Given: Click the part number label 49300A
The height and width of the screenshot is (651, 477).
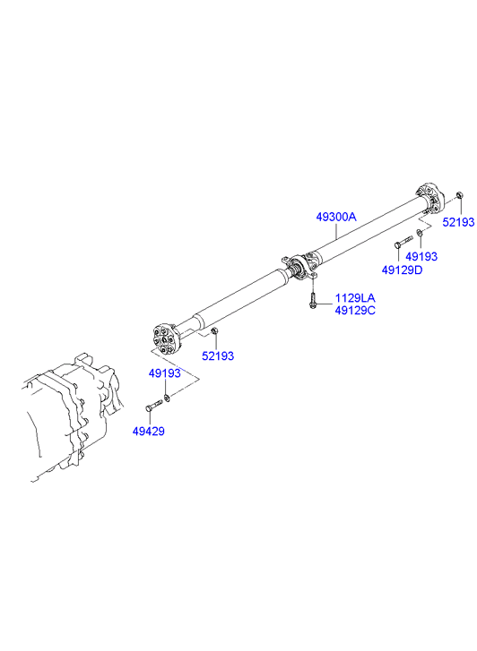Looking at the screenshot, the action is click(336, 217).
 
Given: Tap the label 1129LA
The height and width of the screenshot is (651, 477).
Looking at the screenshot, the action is click(355, 297).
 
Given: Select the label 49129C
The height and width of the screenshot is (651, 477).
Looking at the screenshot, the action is click(355, 310).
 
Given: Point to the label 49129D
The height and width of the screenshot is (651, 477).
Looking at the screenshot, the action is click(403, 270).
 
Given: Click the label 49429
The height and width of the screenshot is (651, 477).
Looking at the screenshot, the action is click(149, 431).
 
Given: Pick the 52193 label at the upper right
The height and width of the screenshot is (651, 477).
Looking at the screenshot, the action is click(458, 222).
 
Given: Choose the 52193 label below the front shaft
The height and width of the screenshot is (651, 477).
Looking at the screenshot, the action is click(218, 355).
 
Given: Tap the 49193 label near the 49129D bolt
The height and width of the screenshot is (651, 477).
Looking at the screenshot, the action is click(421, 256).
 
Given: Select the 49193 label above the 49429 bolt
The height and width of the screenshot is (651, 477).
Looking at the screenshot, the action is click(165, 373).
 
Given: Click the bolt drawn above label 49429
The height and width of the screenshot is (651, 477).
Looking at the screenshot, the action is click(154, 406).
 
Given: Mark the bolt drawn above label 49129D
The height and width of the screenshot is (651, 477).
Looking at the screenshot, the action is click(403, 241).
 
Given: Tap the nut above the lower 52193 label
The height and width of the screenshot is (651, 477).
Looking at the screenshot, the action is click(214, 330).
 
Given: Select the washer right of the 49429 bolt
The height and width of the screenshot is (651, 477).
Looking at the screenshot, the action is click(167, 398).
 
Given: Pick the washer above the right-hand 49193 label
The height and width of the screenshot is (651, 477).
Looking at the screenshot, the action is click(420, 233).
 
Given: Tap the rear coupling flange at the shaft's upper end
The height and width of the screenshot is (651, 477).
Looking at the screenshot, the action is click(429, 199).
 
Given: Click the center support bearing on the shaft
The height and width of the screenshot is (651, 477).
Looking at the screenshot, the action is click(300, 267).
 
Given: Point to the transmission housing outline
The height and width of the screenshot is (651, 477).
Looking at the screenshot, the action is click(71, 419).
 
